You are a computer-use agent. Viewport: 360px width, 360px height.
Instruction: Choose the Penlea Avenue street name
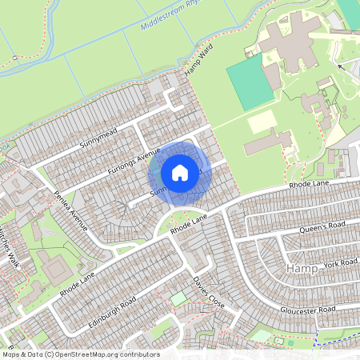[x=70, y=210]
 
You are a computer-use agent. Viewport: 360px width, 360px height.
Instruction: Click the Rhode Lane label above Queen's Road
[x=310, y=186]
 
